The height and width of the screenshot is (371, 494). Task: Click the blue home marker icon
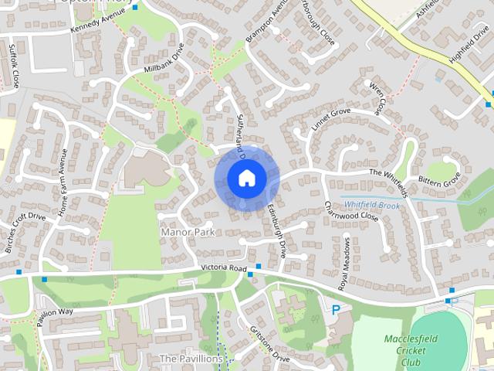point(246,179)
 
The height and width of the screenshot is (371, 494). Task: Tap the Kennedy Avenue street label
point(97,21)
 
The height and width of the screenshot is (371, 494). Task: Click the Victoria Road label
point(223,268)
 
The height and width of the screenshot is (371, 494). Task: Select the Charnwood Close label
point(351,211)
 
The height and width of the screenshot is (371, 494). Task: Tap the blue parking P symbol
point(336,309)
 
